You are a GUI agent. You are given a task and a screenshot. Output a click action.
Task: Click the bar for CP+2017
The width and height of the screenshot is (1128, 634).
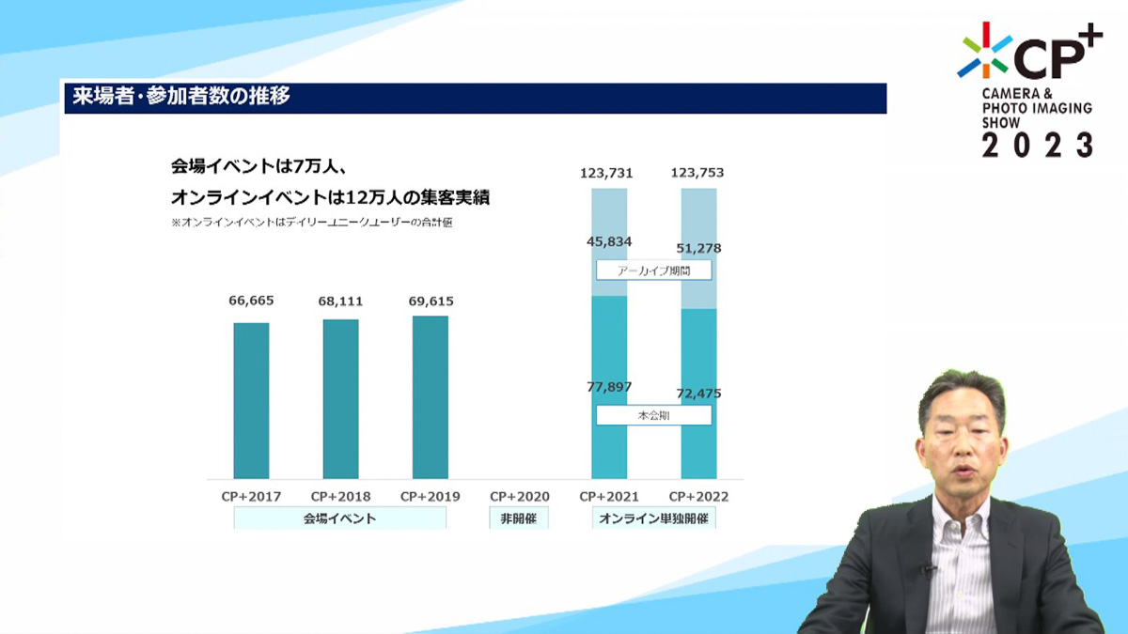tap(251, 400)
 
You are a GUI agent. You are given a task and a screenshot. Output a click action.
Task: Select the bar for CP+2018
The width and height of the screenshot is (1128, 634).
tap(341, 399)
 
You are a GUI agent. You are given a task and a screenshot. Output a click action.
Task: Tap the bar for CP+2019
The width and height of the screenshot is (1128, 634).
tap(431, 397)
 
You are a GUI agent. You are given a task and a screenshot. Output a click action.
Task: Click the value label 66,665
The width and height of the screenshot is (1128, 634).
tap(251, 301)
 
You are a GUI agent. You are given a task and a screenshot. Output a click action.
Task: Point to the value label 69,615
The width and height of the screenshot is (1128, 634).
tap(431, 301)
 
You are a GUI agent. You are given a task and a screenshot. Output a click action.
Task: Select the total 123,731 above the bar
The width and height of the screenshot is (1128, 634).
tap(606, 173)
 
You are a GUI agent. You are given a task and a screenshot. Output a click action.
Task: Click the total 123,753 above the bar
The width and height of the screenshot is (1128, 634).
tap(697, 173)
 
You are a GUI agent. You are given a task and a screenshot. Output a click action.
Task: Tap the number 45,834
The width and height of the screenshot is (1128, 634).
tap(609, 241)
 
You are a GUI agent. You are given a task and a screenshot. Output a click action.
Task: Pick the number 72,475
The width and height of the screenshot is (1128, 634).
tap(699, 394)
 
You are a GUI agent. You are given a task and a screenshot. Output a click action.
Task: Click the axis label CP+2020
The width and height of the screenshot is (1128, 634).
tap(520, 497)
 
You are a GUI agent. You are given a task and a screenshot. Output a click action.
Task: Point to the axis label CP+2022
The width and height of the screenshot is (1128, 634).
tap(699, 497)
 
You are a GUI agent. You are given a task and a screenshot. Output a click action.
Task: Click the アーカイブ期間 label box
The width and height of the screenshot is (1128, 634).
tap(654, 271)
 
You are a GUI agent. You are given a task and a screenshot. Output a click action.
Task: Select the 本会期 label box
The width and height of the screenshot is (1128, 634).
tap(654, 415)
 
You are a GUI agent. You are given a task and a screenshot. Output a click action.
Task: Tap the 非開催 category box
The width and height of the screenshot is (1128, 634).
tap(519, 518)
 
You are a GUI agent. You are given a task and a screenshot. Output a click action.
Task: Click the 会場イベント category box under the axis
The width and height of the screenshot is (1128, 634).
tap(340, 518)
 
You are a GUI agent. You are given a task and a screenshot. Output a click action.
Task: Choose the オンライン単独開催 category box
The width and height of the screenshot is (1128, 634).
tap(653, 518)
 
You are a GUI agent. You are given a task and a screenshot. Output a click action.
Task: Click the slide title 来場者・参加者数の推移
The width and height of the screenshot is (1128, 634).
tap(181, 96)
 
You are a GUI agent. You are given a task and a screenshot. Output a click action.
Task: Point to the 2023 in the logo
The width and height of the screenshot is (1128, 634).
tap(1038, 145)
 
